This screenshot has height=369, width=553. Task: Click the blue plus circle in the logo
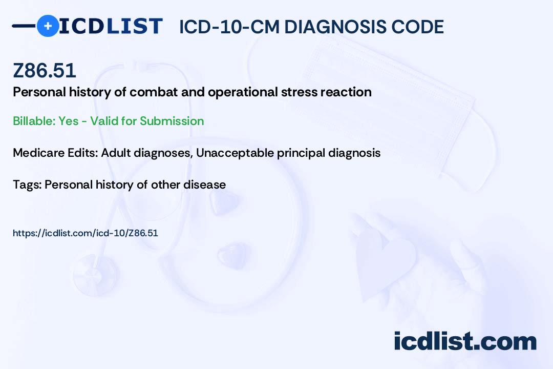(48, 26)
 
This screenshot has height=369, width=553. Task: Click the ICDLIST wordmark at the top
(111, 26)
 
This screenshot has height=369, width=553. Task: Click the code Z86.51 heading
(45, 70)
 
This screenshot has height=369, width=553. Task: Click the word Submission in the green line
(172, 121)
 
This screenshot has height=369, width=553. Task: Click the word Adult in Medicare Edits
(116, 153)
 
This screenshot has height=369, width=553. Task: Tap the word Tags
(26, 184)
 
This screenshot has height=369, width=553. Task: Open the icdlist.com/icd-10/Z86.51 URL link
(85, 233)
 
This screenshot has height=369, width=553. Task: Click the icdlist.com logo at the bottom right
(465, 341)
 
